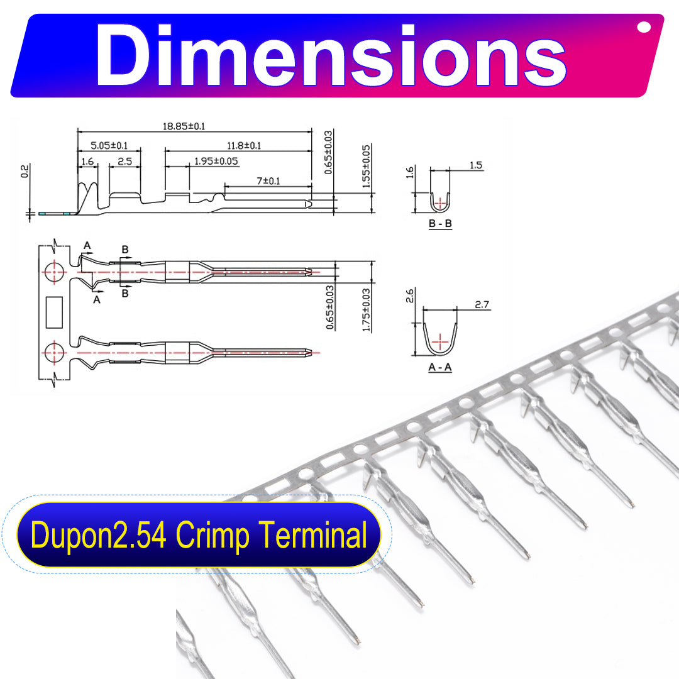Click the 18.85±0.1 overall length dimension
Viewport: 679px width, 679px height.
(184, 126)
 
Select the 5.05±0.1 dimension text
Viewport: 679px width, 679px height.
(109, 145)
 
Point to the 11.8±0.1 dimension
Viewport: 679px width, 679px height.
(244, 145)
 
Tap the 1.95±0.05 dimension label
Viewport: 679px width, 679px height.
(216, 161)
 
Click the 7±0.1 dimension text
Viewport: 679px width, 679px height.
(268, 181)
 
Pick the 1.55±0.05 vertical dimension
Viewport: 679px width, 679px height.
(367, 166)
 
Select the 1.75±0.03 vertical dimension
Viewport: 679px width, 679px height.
(367, 309)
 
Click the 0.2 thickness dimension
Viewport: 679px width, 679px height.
(25, 171)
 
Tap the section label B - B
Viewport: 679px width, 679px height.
(440, 223)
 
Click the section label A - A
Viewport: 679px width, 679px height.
(440, 367)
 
